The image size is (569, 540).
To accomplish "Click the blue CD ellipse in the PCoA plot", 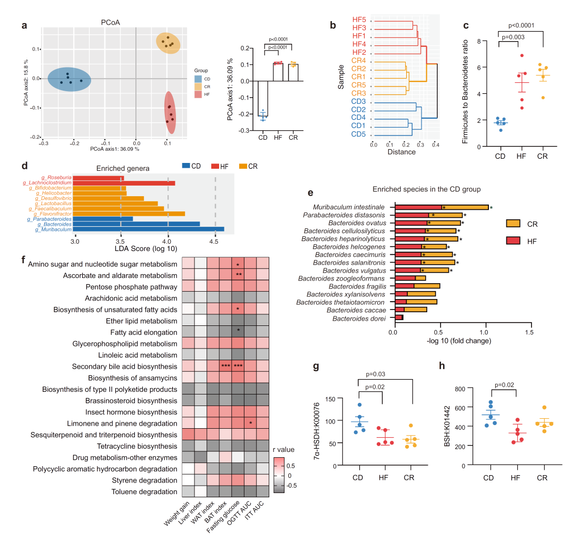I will (70, 80).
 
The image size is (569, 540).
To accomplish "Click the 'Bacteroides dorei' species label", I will (363, 319).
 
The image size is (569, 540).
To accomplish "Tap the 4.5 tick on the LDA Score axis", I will (215, 242).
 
